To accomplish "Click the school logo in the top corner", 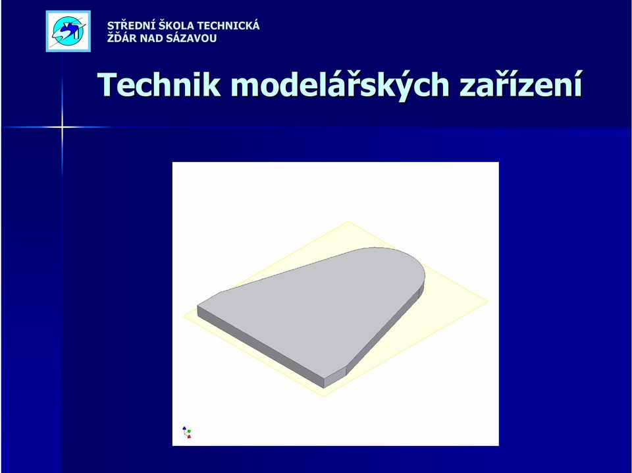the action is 68,31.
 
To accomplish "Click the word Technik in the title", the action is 159,85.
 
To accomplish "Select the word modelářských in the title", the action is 340,86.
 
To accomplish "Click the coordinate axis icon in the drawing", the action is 186,432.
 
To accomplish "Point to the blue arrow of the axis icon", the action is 184,429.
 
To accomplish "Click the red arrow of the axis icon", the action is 189,436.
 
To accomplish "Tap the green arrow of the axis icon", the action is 189,431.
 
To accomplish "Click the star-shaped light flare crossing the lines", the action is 62,127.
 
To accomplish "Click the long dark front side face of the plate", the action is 261,346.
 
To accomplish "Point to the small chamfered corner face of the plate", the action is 335,377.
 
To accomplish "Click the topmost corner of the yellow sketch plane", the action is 349,221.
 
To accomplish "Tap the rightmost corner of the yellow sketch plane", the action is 488,301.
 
